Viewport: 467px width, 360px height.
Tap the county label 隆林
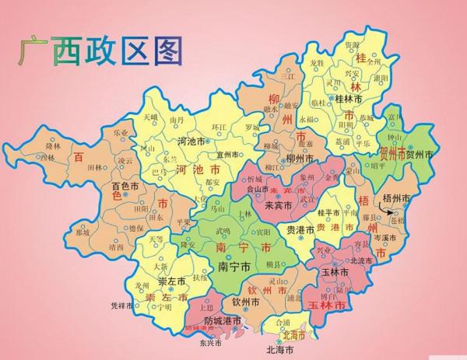(x=53, y=145)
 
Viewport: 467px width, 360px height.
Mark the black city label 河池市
(x=191, y=143)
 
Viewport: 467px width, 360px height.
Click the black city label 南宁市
(x=233, y=266)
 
